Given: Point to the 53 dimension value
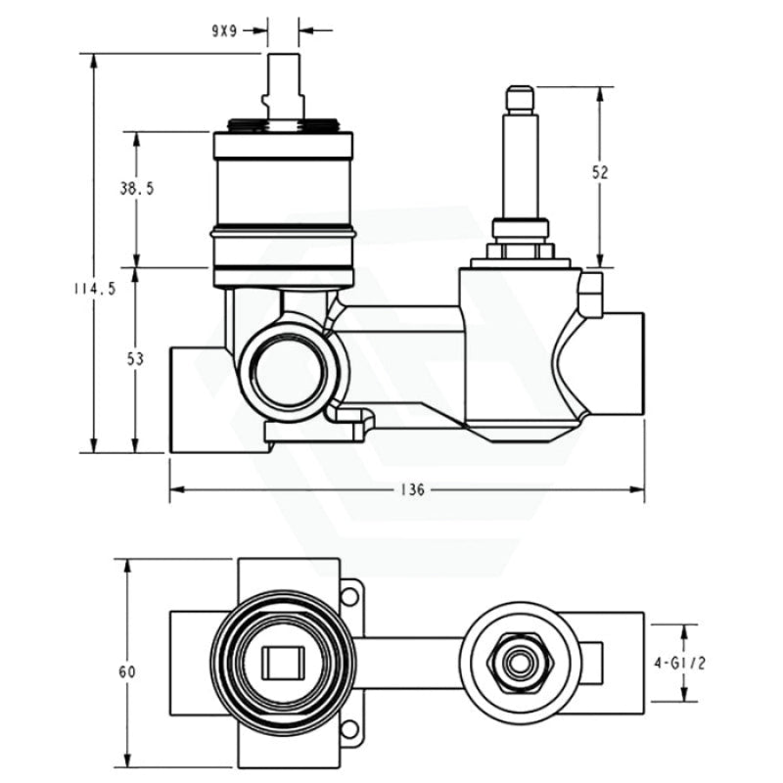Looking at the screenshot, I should click(x=135, y=359).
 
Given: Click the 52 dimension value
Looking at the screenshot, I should click(x=600, y=171).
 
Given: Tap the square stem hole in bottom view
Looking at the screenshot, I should click(x=284, y=663).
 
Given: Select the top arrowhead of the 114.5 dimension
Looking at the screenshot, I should click(x=94, y=59).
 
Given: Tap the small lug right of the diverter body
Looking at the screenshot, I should click(x=590, y=293).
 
